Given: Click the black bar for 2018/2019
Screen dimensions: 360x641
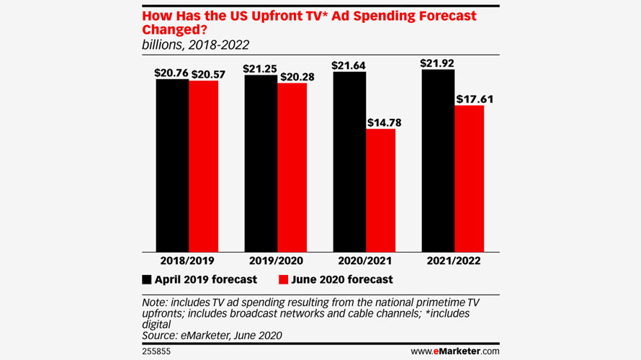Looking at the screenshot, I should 172,165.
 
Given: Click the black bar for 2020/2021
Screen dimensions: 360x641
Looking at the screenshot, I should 349,161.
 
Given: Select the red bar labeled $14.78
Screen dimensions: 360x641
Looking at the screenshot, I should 380,190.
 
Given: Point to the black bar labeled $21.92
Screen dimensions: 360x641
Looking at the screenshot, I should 437,160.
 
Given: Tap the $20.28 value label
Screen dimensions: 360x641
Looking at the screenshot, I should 293,76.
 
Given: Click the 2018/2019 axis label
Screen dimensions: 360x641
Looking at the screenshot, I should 187,261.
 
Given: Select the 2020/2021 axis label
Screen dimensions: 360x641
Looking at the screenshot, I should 364,261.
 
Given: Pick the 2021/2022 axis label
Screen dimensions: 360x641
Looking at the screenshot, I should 453,261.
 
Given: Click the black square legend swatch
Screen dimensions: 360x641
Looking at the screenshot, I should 148,279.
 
